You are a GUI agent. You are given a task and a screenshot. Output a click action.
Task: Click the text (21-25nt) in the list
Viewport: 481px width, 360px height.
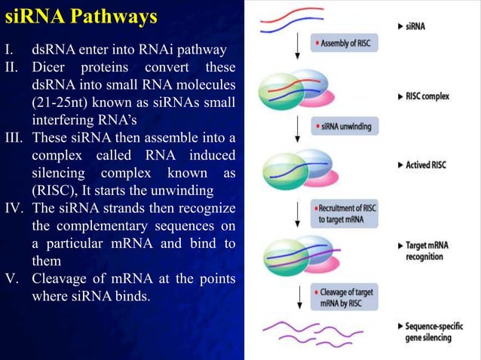click(64, 105)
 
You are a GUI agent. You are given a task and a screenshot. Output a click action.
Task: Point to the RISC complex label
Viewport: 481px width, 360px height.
click(427, 96)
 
